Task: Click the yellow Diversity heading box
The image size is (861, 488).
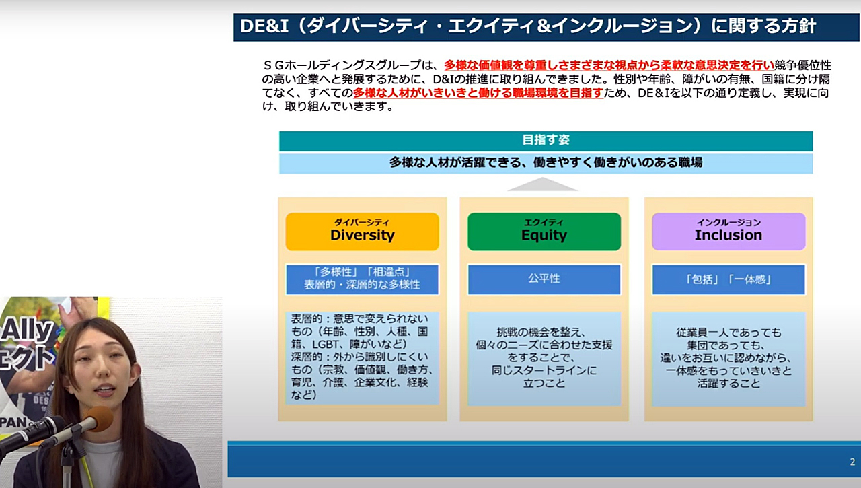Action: click(x=362, y=232)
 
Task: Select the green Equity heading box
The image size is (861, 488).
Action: click(x=544, y=232)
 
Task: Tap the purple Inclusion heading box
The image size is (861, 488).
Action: click(x=728, y=232)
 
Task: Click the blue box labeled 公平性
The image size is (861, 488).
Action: click(x=544, y=279)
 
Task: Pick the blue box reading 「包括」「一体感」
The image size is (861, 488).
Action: click(x=728, y=279)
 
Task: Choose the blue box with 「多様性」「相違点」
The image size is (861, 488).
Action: click(x=362, y=279)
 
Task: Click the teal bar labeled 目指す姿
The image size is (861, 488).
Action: click(x=546, y=141)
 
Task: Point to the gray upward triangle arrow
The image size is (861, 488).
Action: click(x=542, y=185)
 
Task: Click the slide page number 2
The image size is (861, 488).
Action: click(x=852, y=462)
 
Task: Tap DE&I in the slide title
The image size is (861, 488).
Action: click(x=264, y=26)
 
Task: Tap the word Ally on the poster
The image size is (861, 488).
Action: click(x=28, y=330)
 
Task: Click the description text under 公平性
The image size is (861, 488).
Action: click(x=544, y=357)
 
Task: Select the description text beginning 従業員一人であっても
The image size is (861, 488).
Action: click(x=728, y=357)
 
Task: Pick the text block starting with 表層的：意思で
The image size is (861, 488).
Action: click(x=361, y=357)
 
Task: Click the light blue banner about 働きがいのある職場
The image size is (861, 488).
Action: click(x=546, y=163)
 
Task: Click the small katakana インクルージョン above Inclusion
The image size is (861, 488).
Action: click(x=728, y=222)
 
